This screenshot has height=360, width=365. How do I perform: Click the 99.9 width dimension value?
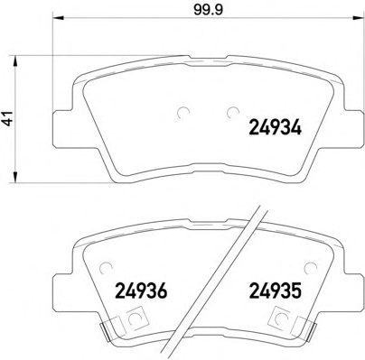(208, 10)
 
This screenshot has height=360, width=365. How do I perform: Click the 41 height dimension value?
(9, 118)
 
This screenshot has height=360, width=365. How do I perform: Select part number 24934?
(275, 127)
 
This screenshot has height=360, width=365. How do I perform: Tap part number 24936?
(141, 291)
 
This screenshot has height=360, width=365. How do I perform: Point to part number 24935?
(275, 291)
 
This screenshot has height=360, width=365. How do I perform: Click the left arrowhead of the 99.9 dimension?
(59, 18)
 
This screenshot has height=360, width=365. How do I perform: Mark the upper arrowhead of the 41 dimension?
(14, 61)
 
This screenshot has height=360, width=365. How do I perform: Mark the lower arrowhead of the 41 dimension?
(14, 177)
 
